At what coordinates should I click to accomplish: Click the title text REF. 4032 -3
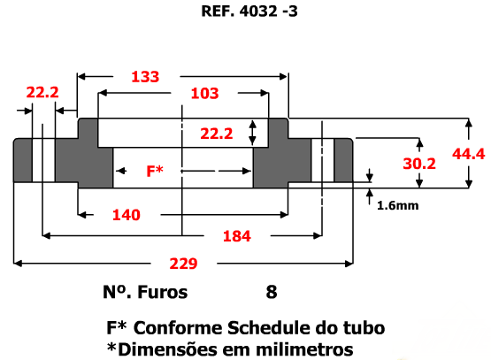click(x=249, y=11)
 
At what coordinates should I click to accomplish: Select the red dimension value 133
click(x=145, y=77)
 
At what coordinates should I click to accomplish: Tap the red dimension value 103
click(x=204, y=93)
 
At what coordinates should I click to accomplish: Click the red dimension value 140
click(x=127, y=215)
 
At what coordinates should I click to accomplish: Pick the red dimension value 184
click(x=237, y=236)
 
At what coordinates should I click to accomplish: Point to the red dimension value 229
click(x=183, y=264)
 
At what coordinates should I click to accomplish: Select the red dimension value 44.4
click(x=469, y=154)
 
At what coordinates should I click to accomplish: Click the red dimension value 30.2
click(x=419, y=164)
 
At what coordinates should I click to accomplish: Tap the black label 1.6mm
click(x=398, y=206)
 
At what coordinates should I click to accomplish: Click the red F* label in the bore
click(x=155, y=171)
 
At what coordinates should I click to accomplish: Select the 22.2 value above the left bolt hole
click(x=42, y=92)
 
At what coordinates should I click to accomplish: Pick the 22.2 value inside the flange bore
click(x=217, y=134)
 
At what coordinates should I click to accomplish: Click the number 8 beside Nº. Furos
click(x=272, y=292)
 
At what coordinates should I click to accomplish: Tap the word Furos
click(x=163, y=292)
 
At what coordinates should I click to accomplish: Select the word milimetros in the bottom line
click(x=304, y=349)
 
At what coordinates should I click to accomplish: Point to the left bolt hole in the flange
click(x=43, y=160)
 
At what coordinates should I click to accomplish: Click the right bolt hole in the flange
click(x=323, y=160)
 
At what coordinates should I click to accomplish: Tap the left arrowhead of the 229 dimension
click(x=18, y=264)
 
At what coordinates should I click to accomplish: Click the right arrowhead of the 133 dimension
click(x=283, y=76)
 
